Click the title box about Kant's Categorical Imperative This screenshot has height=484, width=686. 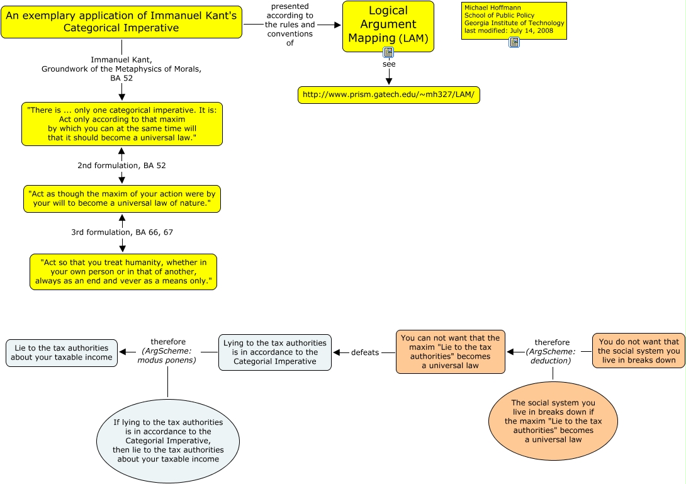[121, 21]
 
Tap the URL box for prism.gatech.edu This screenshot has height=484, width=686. [389, 95]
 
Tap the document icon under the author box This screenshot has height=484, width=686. [514, 42]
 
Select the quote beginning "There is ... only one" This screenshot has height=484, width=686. [121, 124]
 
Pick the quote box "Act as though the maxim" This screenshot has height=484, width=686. [121, 199]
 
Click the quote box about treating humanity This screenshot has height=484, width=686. [123, 271]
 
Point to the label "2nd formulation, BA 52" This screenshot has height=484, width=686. [121, 166]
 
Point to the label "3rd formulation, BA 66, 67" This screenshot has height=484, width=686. [122, 232]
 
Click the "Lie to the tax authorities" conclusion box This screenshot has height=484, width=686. [62, 352]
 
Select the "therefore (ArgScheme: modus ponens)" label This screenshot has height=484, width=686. [168, 352]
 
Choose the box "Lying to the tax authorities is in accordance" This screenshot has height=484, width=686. [275, 352]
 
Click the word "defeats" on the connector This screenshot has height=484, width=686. [365, 352]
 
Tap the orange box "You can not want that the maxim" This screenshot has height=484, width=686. [450, 352]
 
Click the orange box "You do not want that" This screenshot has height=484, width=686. [638, 351]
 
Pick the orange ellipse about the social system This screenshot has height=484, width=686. [553, 421]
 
